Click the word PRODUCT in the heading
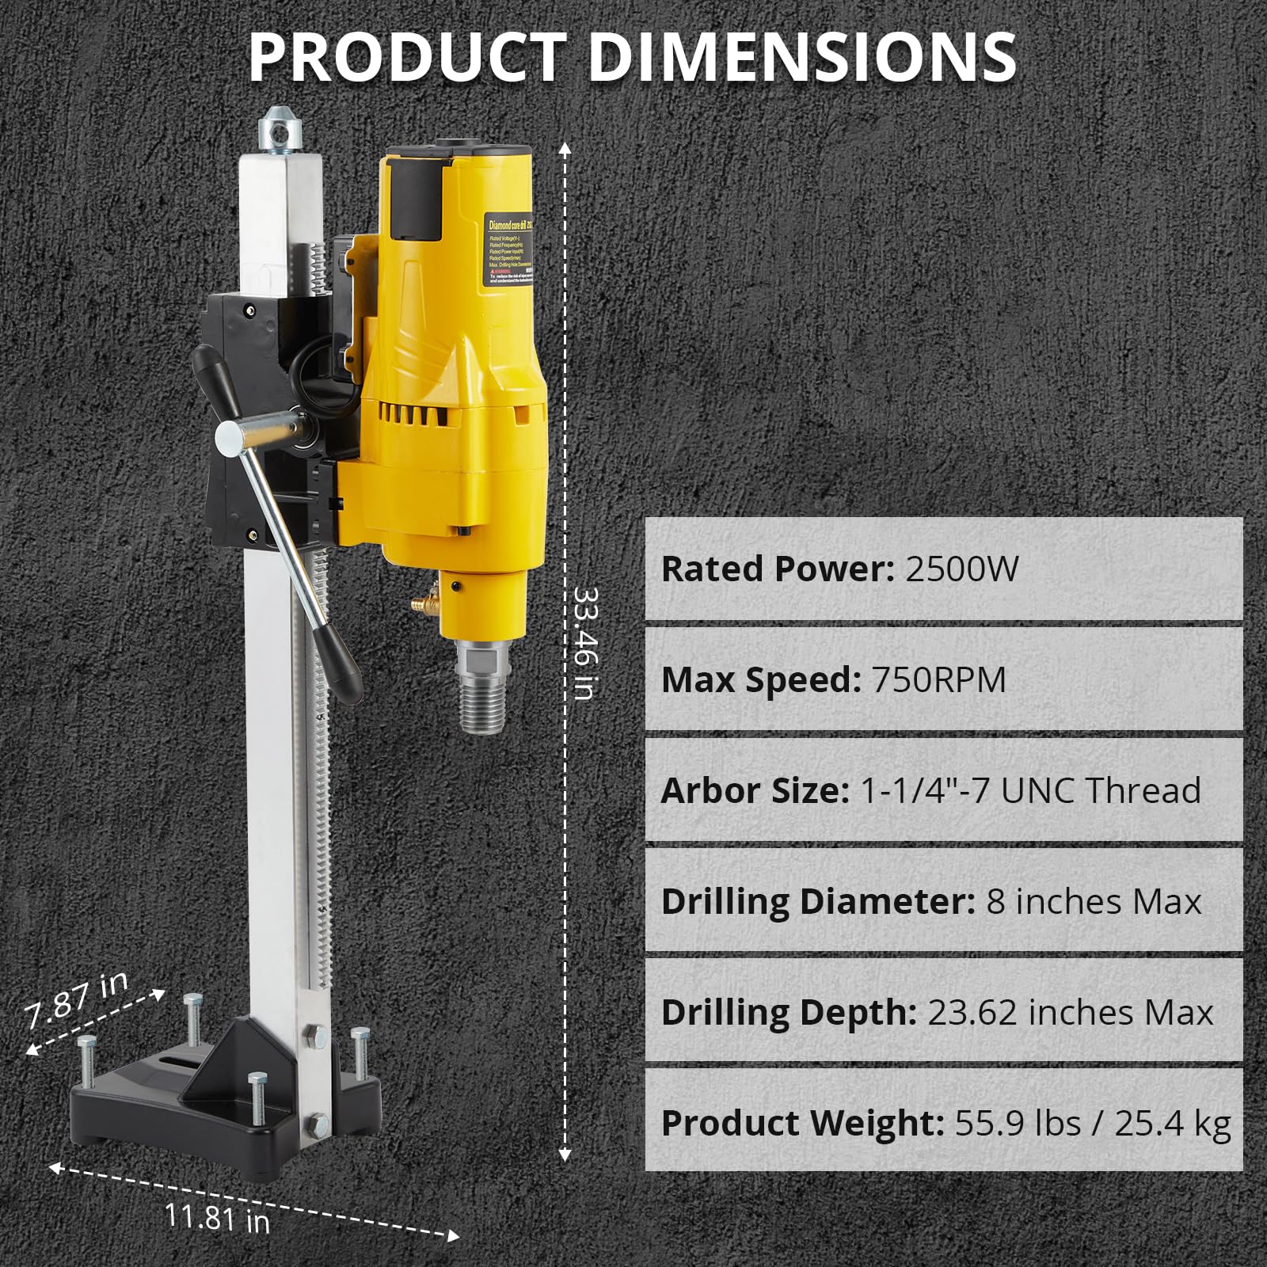tap(408, 57)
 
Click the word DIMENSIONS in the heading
tap(801, 57)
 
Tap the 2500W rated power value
tap(961, 569)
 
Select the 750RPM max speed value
tap(938, 679)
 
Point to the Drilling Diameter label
tap(817, 901)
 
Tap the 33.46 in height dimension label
tap(584, 643)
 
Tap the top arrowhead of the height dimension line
tap(565, 147)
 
